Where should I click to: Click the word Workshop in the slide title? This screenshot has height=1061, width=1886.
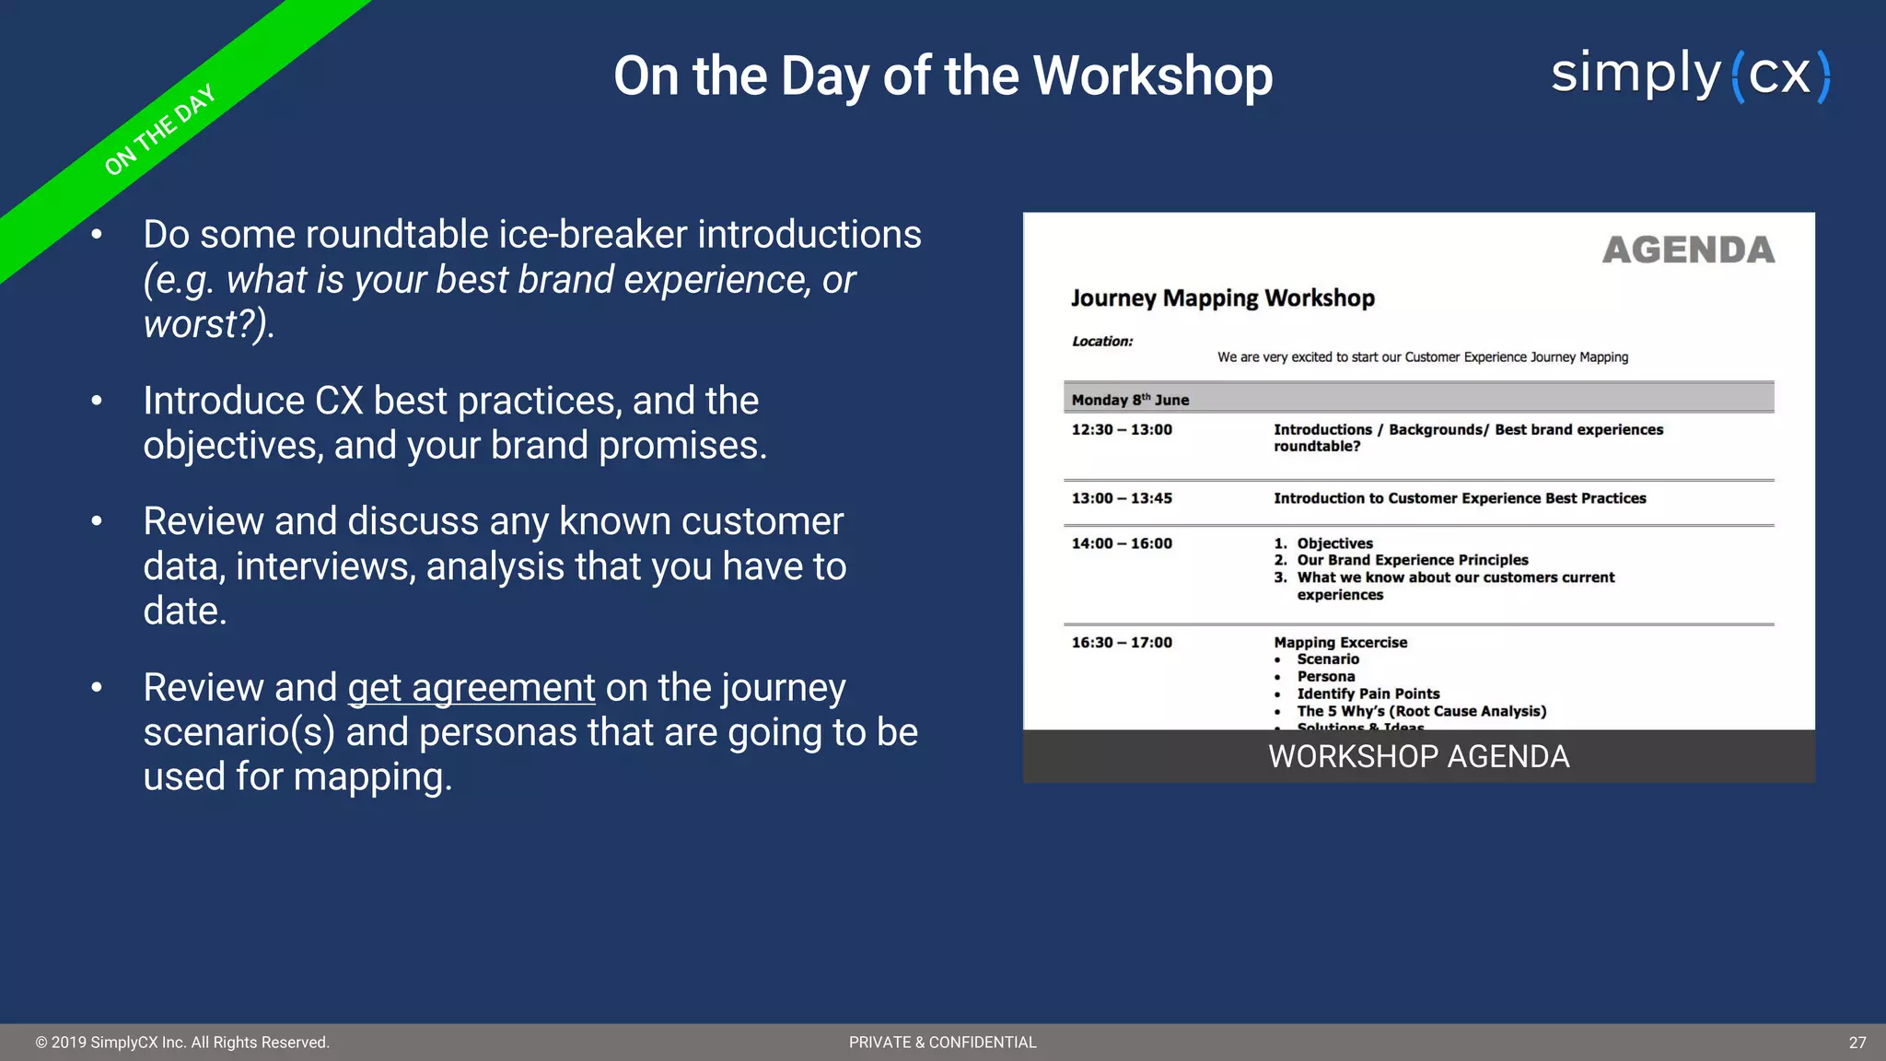[x=1153, y=76]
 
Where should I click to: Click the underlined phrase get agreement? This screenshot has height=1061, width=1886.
[x=471, y=688]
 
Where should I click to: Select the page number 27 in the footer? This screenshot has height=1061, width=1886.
[x=1857, y=1043]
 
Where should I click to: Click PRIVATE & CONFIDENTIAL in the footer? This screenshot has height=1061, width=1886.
[x=942, y=1043]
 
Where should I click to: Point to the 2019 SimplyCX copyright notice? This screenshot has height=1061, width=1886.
[x=182, y=1043]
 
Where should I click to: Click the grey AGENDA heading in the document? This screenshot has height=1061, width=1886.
[x=1687, y=251]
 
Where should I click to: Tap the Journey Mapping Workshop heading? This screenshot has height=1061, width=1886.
[x=1222, y=298]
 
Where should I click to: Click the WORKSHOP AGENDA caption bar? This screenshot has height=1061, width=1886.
[x=1418, y=756]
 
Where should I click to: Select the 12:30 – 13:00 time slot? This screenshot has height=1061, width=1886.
[x=1121, y=430]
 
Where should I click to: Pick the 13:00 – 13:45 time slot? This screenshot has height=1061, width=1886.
[x=1121, y=498]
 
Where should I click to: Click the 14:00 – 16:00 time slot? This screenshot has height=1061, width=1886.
[x=1121, y=543]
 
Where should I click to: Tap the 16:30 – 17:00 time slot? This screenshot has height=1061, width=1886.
[x=1121, y=643]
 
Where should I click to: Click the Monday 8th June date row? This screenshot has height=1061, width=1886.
[x=1130, y=400]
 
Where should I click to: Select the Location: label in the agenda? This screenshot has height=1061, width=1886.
[x=1101, y=342]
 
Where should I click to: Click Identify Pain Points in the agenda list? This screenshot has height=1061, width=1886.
[x=1368, y=694]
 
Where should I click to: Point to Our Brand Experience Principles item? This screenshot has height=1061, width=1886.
[x=1412, y=560]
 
